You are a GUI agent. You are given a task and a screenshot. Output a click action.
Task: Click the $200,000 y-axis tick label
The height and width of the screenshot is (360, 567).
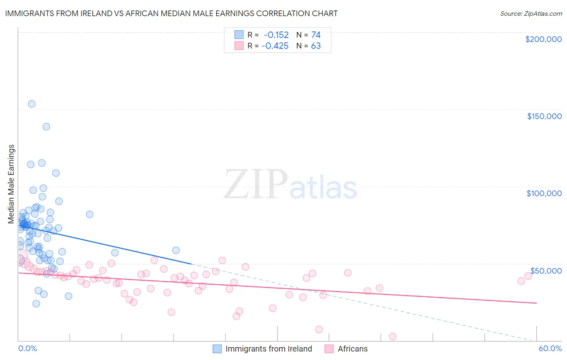pos(543,39)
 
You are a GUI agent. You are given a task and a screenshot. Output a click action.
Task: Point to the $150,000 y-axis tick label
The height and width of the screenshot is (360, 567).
pos(544,116)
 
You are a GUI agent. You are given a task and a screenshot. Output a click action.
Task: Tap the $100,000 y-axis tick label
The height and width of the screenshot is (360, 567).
pos(544,193)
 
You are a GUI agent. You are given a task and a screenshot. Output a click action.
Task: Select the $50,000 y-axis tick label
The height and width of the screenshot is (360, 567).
pos(546,270)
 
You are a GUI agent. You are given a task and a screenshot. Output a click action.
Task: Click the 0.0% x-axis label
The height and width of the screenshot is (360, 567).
pos(27,348)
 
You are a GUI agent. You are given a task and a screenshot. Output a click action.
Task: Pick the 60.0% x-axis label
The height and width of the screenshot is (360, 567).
pos(550,348)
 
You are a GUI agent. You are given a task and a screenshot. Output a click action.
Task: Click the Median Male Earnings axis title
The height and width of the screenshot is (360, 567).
pos(11,184)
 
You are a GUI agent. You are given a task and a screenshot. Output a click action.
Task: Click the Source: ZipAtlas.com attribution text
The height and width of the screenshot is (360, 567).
pos(531,14)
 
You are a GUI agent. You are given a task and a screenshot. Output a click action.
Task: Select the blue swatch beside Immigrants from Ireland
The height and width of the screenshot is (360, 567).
pos(217,349)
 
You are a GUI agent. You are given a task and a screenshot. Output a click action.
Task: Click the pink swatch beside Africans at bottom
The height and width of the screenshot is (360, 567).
pos(329,349)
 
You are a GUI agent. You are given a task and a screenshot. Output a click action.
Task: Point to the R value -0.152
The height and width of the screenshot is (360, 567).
pos(276,35)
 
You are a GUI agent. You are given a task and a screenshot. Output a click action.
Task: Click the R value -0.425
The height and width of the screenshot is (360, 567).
pos(275,46)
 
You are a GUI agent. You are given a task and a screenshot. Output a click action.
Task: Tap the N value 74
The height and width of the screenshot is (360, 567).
pos(316,35)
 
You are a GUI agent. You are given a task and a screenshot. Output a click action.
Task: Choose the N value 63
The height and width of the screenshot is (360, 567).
pos(316,46)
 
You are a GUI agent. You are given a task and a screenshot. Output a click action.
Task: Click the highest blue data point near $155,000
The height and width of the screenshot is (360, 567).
pos(31,104)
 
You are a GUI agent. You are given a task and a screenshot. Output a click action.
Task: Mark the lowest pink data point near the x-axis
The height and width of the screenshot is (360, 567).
pos(392,336)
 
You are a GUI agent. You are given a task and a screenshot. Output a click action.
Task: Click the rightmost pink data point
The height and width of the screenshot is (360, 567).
pos(528,276)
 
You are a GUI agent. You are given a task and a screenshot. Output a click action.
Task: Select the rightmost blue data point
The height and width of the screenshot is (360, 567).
pos(176,250)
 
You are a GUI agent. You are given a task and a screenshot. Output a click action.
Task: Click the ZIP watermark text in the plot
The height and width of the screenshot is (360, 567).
pos(256,185)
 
